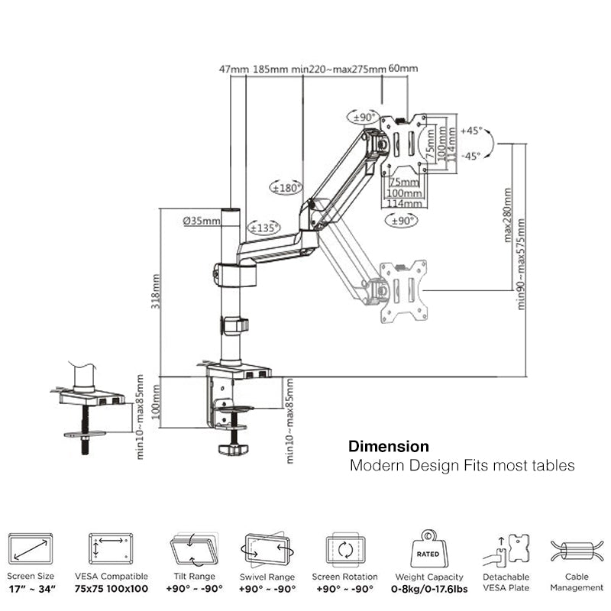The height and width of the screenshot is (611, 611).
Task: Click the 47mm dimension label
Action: tap(234, 70)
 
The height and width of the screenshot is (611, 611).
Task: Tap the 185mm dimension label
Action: tap(271, 70)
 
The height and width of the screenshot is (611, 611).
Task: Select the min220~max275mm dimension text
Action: tap(339, 70)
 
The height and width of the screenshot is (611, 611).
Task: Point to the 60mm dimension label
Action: tap(403, 70)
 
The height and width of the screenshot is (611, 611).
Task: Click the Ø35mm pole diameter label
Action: tap(202, 221)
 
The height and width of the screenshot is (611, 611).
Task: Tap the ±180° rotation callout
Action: tap(288, 187)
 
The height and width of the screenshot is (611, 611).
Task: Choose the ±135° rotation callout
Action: tap(264, 228)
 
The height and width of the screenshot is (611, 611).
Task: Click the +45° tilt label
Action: tap(471, 131)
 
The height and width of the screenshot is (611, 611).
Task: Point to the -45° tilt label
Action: tap(471, 156)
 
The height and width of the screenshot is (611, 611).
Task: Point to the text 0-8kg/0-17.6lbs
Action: tap(428, 589)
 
